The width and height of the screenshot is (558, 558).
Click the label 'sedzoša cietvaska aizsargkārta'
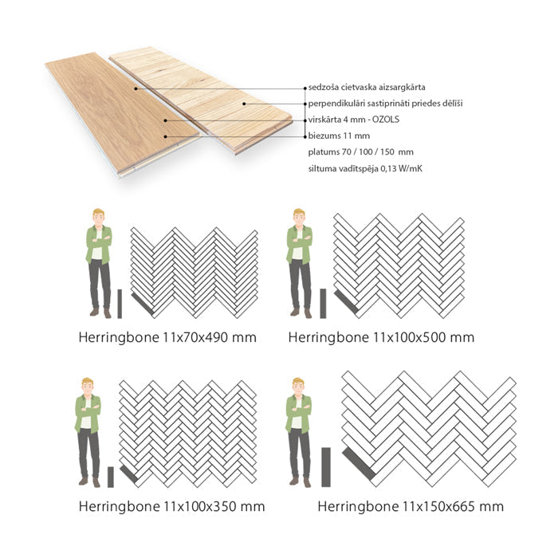click(367, 87)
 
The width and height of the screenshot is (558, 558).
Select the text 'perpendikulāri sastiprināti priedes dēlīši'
click(385, 104)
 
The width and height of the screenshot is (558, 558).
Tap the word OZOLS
click(385, 120)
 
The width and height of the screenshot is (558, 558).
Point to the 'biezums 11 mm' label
click(339, 136)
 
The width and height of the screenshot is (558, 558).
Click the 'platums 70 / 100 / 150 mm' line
click(361, 152)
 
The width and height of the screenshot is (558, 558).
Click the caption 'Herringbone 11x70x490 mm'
click(167, 337)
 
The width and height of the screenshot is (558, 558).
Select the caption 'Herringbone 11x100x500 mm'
click(381, 337)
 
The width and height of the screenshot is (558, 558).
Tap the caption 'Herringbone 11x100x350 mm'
click(171, 506)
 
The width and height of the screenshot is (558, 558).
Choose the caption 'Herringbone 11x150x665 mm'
click(411, 506)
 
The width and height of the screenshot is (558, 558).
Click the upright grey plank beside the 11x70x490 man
click(120, 304)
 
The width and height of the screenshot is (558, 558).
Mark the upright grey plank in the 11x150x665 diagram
click(326, 467)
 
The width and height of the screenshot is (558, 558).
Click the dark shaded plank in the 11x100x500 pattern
click(346, 302)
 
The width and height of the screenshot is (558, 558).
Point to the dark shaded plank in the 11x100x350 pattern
click(128, 474)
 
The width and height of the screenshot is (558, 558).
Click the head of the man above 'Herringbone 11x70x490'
click(98, 217)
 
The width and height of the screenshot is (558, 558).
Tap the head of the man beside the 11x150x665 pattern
click(298, 386)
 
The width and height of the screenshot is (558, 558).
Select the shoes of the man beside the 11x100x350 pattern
click(89, 481)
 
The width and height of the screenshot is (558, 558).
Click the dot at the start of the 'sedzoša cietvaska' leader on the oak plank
click(136, 88)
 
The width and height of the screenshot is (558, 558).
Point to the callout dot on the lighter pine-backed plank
click(244, 104)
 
